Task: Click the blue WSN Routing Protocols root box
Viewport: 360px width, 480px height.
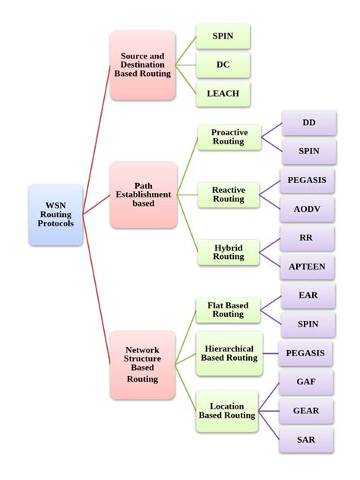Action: point(55,215)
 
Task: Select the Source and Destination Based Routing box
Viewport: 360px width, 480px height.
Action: point(143,65)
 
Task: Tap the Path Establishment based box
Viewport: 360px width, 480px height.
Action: point(143,194)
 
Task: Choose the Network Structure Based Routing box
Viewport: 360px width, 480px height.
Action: point(143,364)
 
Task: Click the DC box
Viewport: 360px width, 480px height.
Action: point(223,65)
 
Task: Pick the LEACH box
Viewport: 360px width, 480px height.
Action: point(223,94)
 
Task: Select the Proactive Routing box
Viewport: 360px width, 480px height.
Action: point(228,137)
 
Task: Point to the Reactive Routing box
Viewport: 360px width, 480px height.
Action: point(228,194)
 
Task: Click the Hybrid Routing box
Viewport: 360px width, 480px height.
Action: point(228,252)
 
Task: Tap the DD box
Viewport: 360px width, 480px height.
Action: point(308,122)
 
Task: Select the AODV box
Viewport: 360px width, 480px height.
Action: point(308,209)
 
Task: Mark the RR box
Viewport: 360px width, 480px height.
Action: point(306,238)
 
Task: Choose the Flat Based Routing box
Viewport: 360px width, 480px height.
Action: point(228,310)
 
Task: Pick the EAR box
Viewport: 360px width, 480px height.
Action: point(308,295)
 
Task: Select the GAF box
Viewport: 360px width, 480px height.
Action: point(306,382)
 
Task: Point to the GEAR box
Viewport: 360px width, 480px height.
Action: point(306,411)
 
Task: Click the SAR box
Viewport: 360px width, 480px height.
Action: point(306,440)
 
